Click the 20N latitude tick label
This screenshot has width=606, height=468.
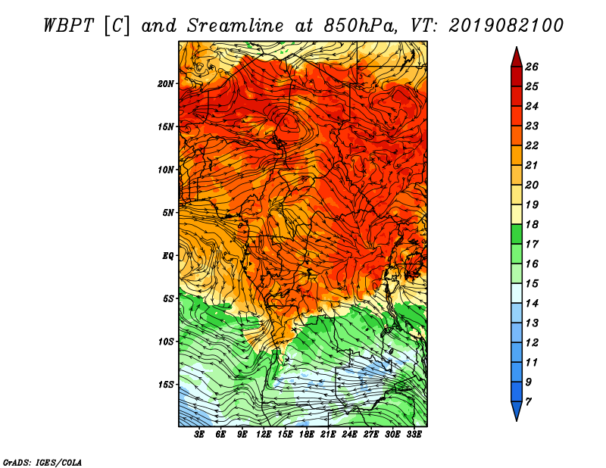(x=166, y=84)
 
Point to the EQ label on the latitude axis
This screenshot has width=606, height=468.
(x=167, y=256)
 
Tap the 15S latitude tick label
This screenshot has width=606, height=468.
(x=166, y=385)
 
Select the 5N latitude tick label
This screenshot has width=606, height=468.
(x=168, y=213)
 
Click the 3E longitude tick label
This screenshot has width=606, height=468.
(x=198, y=435)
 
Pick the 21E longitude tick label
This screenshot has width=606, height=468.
(x=328, y=435)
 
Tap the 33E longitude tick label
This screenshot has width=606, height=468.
(x=414, y=435)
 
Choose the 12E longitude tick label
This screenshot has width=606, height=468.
(x=263, y=435)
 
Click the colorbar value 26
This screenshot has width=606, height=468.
(x=532, y=67)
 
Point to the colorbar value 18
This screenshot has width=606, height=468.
(x=532, y=224)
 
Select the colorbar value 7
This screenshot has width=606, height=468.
(x=528, y=402)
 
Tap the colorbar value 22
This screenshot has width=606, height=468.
(x=532, y=145)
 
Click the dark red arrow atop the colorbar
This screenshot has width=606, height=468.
(x=517, y=58)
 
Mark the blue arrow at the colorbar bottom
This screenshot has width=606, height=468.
(x=517, y=411)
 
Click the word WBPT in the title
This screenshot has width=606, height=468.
(x=68, y=26)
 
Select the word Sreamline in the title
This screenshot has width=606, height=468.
(x=236, y=26)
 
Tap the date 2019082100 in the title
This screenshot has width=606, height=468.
(x=505, y=26)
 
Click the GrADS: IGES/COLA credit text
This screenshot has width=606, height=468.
(x=42, y=463)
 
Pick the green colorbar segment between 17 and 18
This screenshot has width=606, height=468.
(x=517, y=234)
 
